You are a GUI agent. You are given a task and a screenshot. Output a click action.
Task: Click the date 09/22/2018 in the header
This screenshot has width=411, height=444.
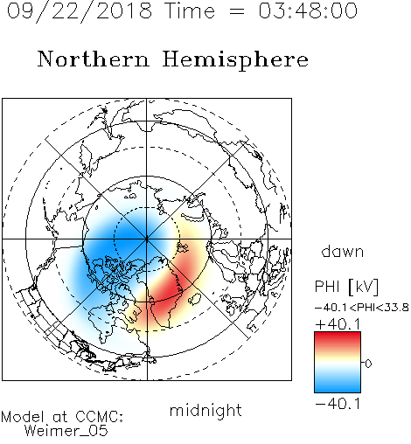80,11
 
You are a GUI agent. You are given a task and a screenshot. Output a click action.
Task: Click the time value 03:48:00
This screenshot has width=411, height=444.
308,10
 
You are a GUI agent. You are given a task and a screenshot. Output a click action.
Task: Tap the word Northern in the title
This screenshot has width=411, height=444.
94,59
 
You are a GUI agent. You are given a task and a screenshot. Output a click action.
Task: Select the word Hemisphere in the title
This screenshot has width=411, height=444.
235,60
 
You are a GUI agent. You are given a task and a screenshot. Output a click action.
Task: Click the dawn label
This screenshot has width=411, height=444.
343,251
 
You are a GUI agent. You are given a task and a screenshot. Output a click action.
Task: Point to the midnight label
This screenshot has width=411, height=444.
205,411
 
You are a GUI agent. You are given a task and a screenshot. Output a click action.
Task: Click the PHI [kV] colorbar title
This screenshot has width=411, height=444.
346,287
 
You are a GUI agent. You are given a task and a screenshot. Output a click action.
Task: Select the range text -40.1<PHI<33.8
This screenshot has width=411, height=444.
362,308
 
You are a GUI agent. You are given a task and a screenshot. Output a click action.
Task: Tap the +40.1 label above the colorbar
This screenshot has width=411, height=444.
338,324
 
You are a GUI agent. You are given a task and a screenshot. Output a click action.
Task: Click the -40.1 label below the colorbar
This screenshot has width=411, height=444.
338,404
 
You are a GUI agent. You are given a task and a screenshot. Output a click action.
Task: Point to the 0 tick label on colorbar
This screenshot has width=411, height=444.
368,364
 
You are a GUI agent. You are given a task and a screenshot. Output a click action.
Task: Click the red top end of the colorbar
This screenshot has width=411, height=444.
338,336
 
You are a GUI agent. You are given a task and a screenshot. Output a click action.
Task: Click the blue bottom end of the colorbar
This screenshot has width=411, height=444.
338,389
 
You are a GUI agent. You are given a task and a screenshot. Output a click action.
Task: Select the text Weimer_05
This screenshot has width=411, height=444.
66,431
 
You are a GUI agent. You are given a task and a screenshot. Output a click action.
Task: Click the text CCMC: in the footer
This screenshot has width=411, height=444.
100,417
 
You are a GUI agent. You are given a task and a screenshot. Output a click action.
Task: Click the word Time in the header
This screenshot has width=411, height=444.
190,10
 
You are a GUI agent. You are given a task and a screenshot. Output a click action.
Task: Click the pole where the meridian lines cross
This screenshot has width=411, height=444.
147,239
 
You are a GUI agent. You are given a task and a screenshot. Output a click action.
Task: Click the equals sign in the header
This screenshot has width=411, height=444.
236,11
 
